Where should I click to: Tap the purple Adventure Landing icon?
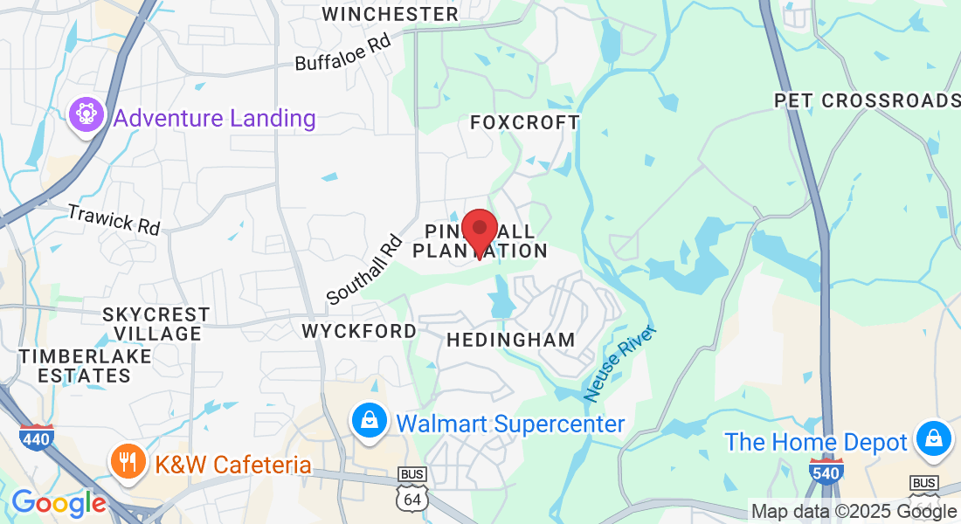pos(86,117)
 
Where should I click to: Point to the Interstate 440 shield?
pos(36,437)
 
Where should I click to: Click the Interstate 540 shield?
pos(826,471)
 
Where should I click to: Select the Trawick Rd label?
pos(114,218)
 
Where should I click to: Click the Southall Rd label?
pos(364,269)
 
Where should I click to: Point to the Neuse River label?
pos(619,363)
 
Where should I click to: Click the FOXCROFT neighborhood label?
pos(524,122)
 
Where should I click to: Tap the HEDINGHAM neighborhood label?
pos(511,340)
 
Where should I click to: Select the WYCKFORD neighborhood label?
pos(359,331)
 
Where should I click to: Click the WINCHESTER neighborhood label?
pos(390,14)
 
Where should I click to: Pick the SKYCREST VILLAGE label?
pos(156,323)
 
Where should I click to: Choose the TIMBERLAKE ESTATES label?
pos(86,366)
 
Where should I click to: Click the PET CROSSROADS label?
pos(867,100)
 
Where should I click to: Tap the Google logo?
pos(58,503)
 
